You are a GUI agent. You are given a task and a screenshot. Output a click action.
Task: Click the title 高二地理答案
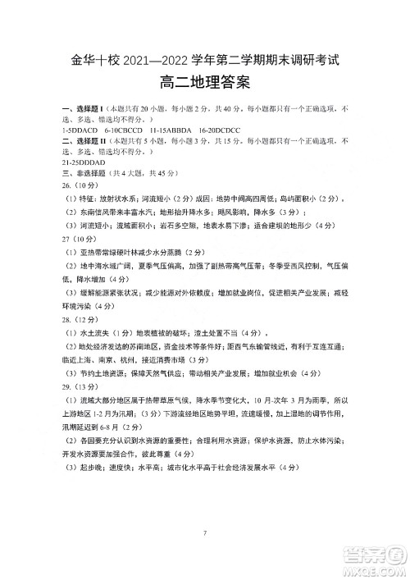point(204,83)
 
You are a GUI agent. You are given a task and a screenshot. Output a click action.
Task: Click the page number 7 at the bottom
point(205,534)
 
